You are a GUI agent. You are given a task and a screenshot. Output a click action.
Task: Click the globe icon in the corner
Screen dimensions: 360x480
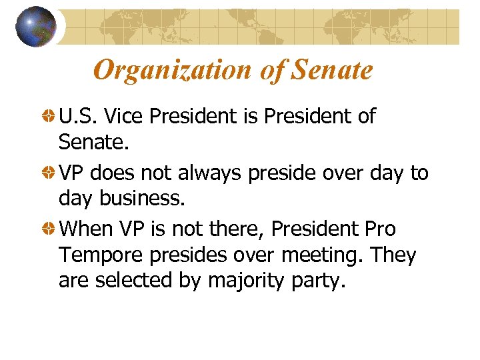pyautogui.click(x=35, y=27)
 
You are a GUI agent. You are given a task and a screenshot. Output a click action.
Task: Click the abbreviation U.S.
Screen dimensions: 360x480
pyautogui.click(x=78, y=117)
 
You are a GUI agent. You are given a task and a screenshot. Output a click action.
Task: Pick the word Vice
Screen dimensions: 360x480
pyautogui.click(x=123, y=117)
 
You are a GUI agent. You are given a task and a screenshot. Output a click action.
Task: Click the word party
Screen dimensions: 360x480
pyautogui.click(x=313, y=281)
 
